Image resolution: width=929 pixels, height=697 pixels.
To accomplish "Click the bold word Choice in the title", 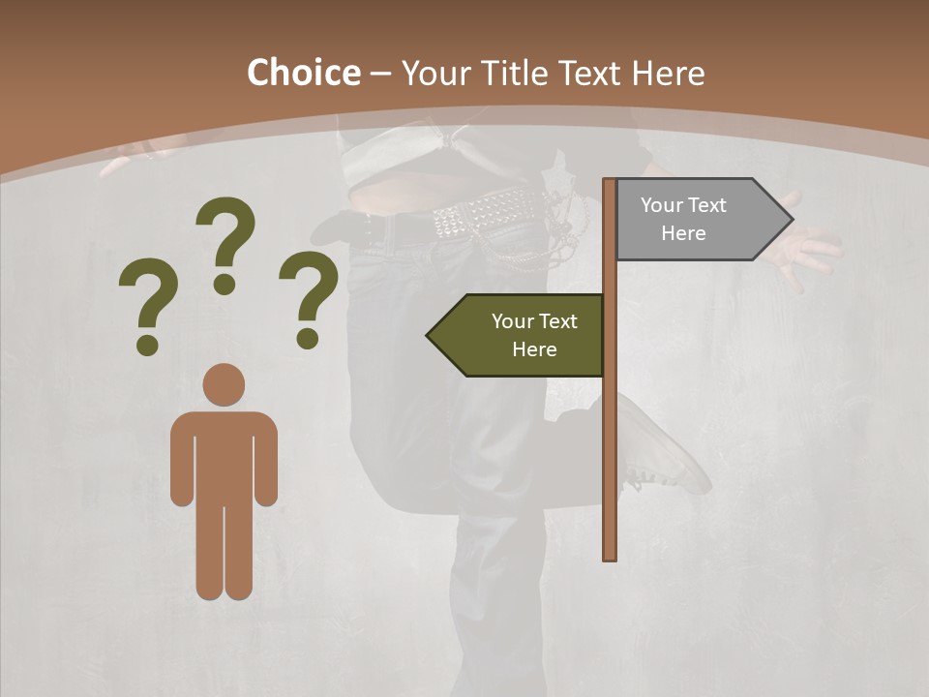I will (303, 73).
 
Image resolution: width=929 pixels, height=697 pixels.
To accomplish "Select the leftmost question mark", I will (148, 300).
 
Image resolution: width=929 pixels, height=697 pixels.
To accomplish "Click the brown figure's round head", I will (224, 384).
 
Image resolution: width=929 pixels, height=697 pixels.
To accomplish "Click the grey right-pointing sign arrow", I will (697, 220).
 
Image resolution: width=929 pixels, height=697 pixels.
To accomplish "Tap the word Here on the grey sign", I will (683, 233).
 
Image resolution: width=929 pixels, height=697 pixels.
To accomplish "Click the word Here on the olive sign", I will (534, 349).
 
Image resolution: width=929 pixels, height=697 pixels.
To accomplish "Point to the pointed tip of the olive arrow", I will (430, 336).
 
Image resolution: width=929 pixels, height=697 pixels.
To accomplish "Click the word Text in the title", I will (590, 74).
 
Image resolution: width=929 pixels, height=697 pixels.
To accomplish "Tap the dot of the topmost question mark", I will (225, 284).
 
